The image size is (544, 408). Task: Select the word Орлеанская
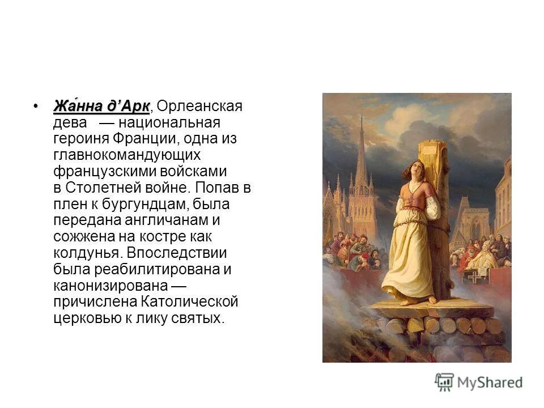coord(199,107)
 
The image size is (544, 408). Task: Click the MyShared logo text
coord(490,382)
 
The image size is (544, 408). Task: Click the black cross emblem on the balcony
coord(473,277)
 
